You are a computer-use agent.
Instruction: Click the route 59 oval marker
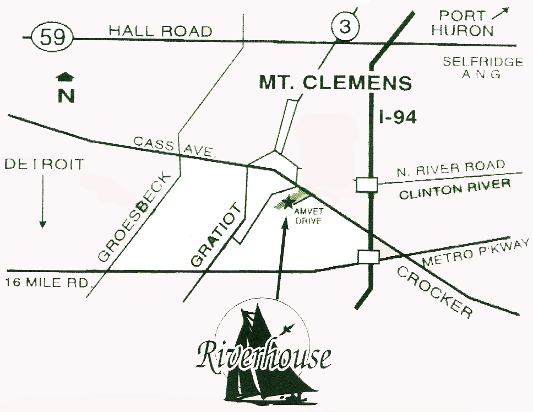coord(52,38)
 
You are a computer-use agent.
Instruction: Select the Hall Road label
coord(160,31)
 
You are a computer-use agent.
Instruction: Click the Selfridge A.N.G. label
coord(482,68)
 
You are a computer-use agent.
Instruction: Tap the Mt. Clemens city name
coord(335,83)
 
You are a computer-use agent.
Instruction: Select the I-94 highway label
coord(398,117)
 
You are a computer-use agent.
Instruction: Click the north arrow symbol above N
coord(66,77)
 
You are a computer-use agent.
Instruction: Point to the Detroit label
coord(45,164)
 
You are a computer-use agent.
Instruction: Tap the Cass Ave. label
coord(174,147)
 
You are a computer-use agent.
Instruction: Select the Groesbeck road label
coord(137,215)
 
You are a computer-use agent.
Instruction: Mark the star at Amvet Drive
coord(286,202)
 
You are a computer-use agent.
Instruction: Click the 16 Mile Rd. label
coord(48,283)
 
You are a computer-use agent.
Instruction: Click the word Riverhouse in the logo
coord(264,357)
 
